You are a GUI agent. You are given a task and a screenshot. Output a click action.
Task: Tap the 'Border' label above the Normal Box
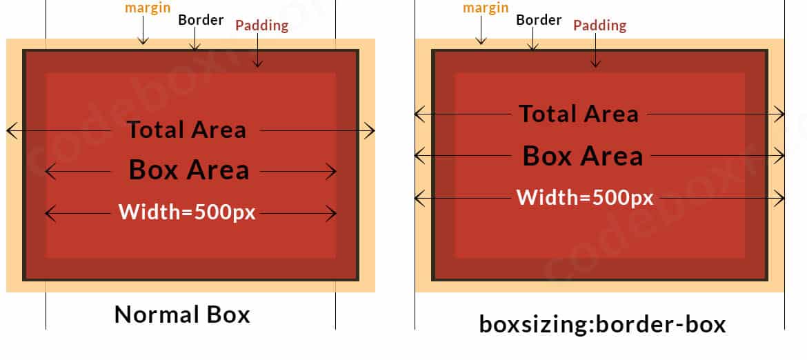201,19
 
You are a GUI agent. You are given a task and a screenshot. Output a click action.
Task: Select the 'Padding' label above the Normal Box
261,26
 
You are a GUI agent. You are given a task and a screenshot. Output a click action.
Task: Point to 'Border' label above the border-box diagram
539,19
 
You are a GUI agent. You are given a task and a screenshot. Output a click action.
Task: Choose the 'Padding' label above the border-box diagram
599,26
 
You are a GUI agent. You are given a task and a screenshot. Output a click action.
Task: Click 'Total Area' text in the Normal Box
186,130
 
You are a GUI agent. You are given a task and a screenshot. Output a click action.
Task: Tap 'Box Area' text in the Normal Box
189,170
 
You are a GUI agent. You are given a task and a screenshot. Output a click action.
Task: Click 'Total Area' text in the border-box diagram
578,114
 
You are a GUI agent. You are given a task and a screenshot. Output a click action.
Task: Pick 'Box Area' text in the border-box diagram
582,156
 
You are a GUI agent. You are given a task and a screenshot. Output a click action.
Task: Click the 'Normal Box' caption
182,314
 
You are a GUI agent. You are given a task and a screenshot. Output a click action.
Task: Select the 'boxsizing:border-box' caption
602,323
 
